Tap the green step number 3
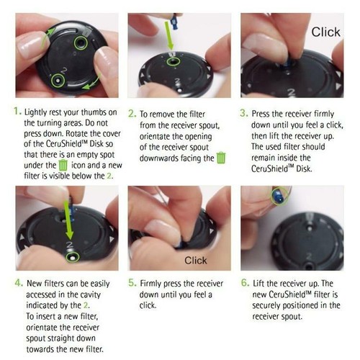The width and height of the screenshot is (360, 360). pyautogui.click(x=243, y=113)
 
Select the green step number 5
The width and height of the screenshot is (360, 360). pyautogui.click(x=132, y=283)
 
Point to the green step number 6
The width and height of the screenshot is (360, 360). pyautogui.click(x=246, y=283)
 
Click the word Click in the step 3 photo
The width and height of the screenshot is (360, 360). pyautogui.click(x=325, y=32)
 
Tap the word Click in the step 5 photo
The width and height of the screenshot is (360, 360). pyautogui.click(x=196, y=261)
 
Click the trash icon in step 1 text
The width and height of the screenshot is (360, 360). pyautogui.click(x=63, y=165)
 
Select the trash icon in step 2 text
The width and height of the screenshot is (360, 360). pyautogui.click(x=221, y=158)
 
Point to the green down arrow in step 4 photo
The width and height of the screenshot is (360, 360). pyautogui.click(x=68, y=220)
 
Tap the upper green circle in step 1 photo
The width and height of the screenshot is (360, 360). pyautogui.click(x=81, y=43)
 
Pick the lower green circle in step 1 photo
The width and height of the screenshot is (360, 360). pyautogui.click(x=58, y=81)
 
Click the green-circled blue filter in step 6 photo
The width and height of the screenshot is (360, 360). pyautogui.click(x=280, y=196)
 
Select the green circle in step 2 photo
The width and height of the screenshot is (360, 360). pyautogui.click(x=174, y=62)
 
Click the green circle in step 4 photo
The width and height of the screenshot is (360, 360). pyautogui.click(x=72, y=257)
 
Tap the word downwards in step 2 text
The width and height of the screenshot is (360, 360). pyautogui.click(x=159, y=158)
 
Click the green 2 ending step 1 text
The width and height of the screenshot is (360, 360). pyautogui.click(x=109, y=176)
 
